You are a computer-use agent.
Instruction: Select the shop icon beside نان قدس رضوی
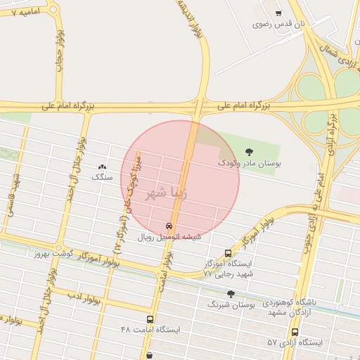279,13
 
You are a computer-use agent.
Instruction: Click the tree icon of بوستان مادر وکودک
247,151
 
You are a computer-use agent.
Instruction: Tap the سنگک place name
102,178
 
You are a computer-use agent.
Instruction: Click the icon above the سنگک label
103,167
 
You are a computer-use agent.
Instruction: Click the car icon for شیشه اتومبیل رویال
169,226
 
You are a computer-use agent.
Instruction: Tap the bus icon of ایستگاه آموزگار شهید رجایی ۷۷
228,253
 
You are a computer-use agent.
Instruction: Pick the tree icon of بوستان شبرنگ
231,294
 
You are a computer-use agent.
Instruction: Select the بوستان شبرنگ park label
227,304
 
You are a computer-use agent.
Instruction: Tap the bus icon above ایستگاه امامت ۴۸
149,319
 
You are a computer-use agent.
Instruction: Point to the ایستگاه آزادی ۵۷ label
295,342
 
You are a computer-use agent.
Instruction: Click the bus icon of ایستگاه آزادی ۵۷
295,332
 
